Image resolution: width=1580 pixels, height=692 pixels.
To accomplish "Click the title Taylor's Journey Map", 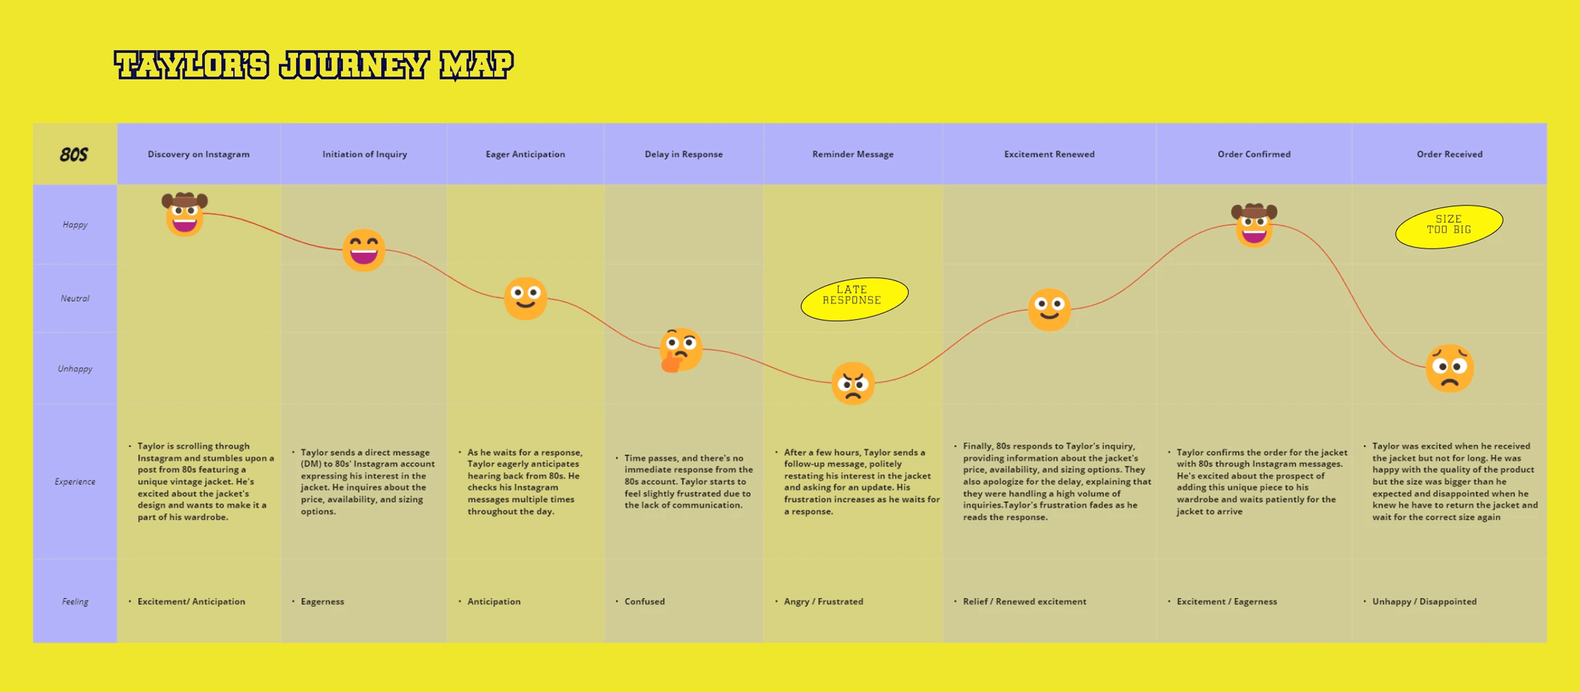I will (314, 65).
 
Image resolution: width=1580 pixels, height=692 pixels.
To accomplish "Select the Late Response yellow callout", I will (854, 299).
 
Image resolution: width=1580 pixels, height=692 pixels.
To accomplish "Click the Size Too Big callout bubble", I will (1449, 226).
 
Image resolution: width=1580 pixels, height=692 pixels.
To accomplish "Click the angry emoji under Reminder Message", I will (852, 383).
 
